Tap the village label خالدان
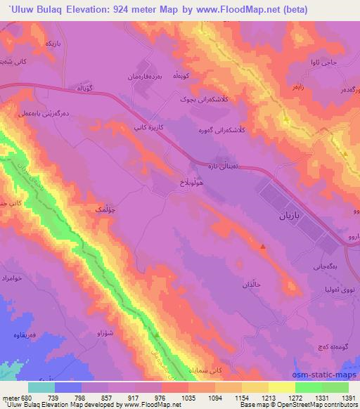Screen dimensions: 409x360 click(x=252, y=284)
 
